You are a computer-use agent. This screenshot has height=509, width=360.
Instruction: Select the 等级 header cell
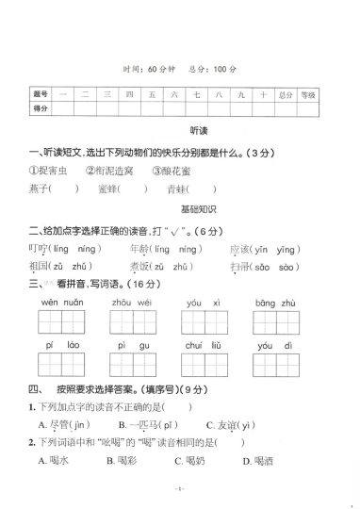click(306, 95)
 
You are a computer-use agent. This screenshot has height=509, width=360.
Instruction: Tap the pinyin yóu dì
click(276, 347)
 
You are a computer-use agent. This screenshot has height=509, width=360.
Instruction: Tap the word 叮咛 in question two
click(39, 249)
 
